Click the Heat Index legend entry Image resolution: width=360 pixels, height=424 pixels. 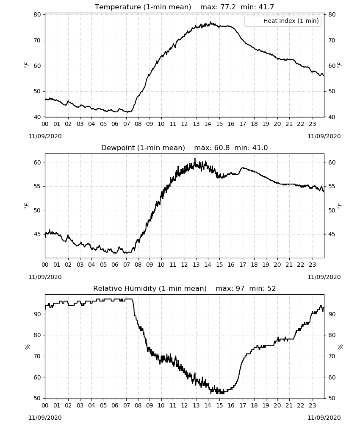283,21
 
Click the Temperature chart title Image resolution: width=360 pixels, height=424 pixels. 184,7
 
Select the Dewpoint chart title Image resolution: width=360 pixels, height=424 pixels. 184,148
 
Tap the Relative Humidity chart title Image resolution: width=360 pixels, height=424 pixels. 185,288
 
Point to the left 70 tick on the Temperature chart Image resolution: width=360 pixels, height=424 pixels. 37,40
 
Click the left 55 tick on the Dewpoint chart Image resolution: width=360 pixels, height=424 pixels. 37,186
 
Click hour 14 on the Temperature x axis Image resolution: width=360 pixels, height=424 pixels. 208,124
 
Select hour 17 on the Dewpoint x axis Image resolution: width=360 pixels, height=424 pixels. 243,265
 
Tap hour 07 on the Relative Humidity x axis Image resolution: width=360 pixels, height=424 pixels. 126,405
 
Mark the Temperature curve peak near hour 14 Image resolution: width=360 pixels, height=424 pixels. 210,22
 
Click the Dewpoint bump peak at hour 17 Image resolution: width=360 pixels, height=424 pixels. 243,167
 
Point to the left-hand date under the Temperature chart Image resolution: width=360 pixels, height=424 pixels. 45,136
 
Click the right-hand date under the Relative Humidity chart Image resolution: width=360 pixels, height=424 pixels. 324,418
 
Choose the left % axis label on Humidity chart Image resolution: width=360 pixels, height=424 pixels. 27,347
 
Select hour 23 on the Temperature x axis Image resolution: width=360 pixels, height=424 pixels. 312,124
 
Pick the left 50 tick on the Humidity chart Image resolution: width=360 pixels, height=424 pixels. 37,398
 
